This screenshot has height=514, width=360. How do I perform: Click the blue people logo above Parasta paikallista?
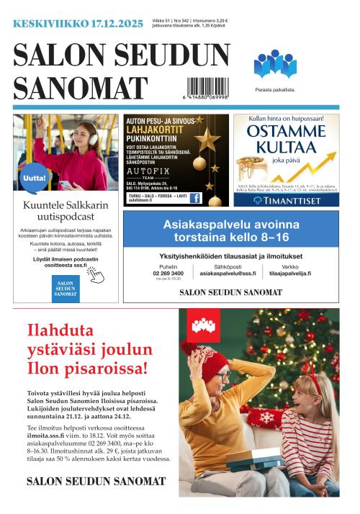tap(274, 64)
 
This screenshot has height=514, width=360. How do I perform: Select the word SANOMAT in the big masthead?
tap(80, 87)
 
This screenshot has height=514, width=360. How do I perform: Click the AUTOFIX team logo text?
tap(148, 173)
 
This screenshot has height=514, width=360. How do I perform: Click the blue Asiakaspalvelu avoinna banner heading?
tap(230, 230)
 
